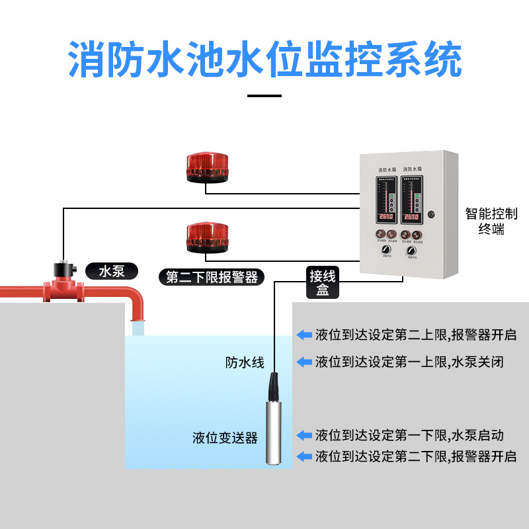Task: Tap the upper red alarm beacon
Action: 208,168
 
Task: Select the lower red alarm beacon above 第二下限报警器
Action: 208,237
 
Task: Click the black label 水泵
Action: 112,271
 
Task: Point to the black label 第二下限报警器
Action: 212,276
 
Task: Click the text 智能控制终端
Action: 491,221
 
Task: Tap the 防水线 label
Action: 245,362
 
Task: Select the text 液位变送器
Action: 225,438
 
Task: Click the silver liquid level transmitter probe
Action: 274,423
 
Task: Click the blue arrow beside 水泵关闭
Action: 304,362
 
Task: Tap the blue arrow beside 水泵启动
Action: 304,435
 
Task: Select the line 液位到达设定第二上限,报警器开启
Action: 415,335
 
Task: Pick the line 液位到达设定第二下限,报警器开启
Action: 415,456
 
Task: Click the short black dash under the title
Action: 264,96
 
